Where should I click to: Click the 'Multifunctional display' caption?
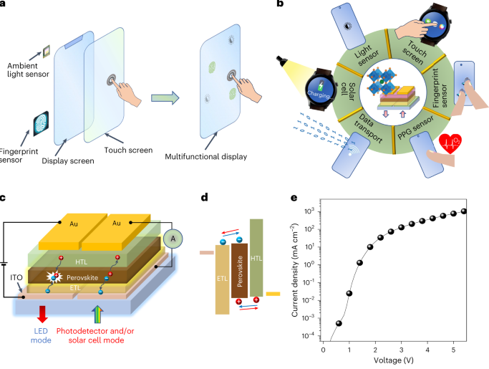(205, 156)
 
